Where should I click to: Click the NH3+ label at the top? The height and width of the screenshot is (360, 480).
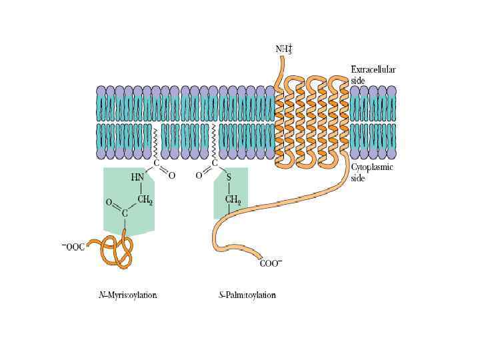pyautogui.click(x=283, y=49)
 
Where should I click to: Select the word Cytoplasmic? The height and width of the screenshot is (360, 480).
pyautogui.click(x=372, y=168)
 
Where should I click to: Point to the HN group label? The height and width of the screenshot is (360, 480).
pyautogui.click(x=137, y=177)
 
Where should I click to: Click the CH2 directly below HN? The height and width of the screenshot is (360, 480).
pyautogui.click(x=146, y=199)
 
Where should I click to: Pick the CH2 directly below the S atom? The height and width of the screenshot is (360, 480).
pyautogui.click(x=233, y=199)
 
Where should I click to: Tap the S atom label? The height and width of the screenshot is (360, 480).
pyautogui.click(x=228, y=177)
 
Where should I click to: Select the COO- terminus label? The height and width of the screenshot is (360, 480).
pyautogui.click(x=270, y=263)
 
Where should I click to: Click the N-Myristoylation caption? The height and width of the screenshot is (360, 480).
pyautogui.click(x=127, y=295)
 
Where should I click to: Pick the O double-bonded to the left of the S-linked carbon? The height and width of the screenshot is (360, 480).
pyautogui.click(x=199, y=177)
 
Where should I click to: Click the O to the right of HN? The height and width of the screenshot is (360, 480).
pyautogui.click(x=172, y=176)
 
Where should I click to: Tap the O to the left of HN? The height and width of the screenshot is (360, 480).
pyautogui.click(x=109, y=201)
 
